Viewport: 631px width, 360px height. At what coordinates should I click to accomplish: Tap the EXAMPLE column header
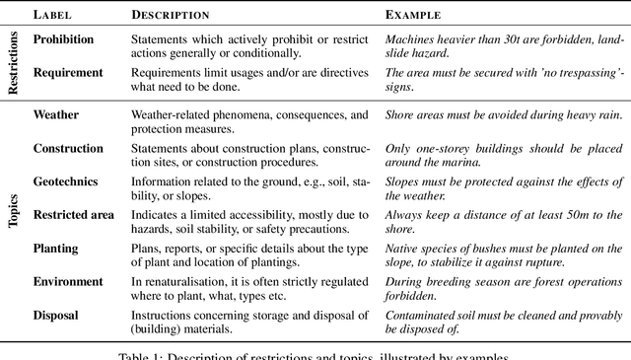tap(413, 16)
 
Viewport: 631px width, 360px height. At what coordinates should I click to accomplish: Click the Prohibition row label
tap(63, 39)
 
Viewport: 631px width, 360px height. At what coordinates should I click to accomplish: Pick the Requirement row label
tap(67, 72)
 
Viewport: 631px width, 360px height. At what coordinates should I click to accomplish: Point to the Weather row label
tap(56, 114)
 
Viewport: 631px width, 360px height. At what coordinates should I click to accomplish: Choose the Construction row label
tap(67, 149)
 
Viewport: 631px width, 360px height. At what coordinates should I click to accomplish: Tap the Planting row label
tap(56, 249)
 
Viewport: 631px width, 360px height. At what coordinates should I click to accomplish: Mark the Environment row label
tap(68, 281)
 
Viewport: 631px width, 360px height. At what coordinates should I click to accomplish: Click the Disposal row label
tap(57, 315)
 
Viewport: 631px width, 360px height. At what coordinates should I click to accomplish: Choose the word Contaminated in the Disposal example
tap(420, 315)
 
